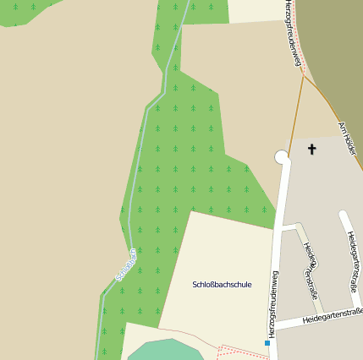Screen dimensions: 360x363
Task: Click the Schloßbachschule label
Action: (222, 285)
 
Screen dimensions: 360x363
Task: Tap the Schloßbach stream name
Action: (125, 265)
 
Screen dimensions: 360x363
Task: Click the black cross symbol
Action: (311, 150)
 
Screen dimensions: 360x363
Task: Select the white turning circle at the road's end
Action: (282, 156)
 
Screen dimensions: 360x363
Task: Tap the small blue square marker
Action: (267, 342)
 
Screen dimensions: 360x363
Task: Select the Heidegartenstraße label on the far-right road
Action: (353, 261)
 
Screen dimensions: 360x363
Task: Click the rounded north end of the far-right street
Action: (343, 215)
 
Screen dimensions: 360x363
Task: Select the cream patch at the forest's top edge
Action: (255, 10)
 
